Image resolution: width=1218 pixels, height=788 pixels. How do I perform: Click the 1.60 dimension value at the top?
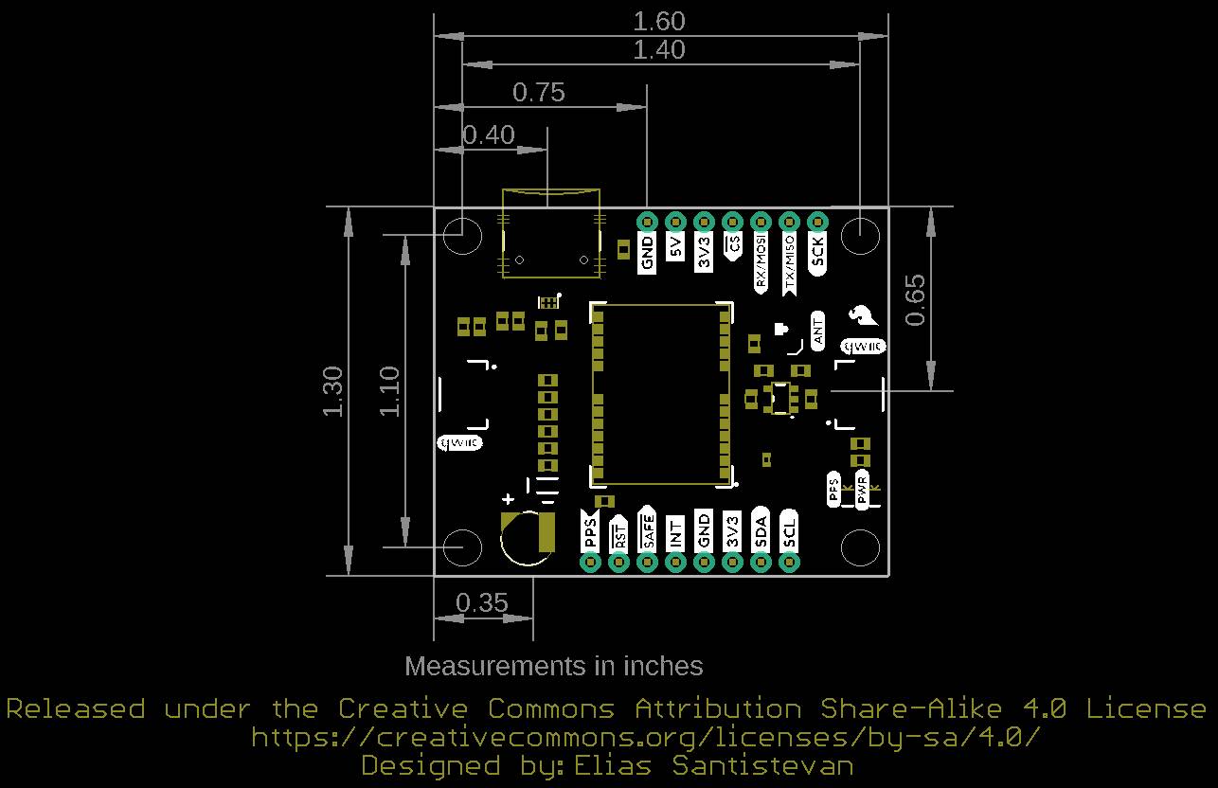659,21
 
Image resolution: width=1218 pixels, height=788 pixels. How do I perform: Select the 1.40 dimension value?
659,50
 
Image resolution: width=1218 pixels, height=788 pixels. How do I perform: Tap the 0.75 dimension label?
538,92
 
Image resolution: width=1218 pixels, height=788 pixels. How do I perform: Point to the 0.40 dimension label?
489,135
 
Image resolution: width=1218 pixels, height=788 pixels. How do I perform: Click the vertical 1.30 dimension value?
332,391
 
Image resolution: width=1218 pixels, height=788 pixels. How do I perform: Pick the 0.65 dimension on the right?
915,299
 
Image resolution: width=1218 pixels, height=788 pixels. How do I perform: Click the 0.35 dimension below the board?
481,602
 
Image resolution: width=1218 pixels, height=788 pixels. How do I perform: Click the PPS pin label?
590,532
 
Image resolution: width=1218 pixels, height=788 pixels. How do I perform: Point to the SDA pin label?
761,532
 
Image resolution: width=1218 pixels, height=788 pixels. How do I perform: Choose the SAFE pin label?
648,528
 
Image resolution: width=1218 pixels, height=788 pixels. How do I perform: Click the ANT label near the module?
818,331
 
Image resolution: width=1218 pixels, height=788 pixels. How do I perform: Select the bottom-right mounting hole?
860,546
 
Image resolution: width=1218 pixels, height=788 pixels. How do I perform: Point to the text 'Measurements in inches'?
553,666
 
